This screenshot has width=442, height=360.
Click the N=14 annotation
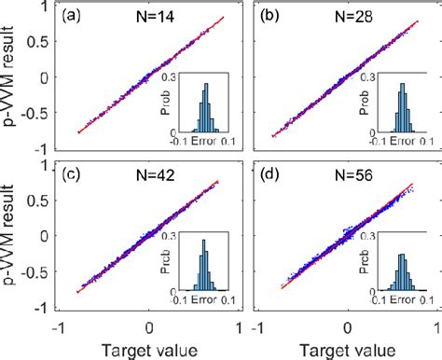coord(148,18)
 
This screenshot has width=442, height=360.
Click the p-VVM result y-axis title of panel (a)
coord(13,75)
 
